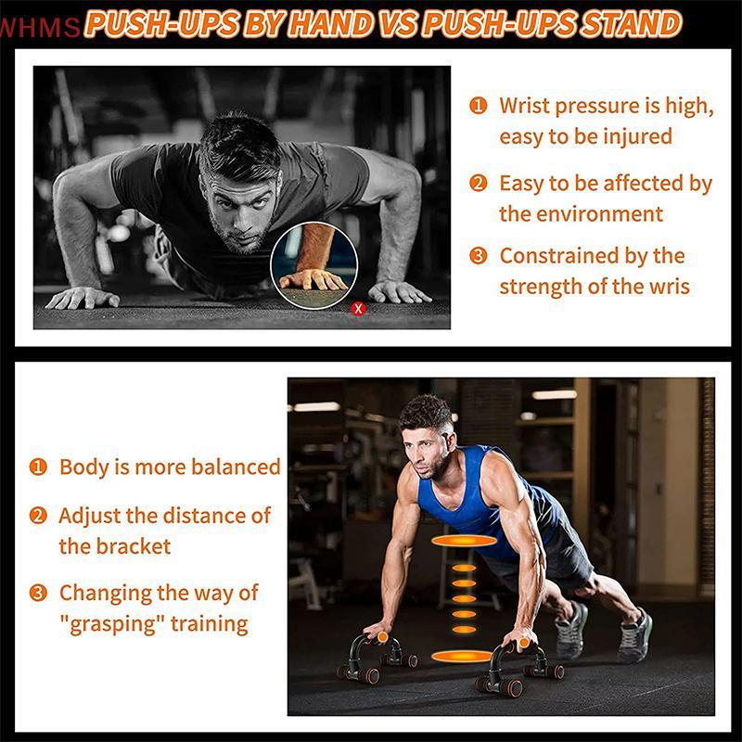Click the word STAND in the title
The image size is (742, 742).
[x=632, y=24]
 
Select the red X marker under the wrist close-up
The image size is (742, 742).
[x=359, y=308]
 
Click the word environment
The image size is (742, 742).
[x=582, y=213]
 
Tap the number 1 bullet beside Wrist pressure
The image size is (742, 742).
[x=479, y=106]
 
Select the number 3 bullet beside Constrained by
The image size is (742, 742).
[x=479, y=256]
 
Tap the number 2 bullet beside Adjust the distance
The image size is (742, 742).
[x=38, y=516]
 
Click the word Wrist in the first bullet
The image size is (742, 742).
[x=528, y=106]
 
